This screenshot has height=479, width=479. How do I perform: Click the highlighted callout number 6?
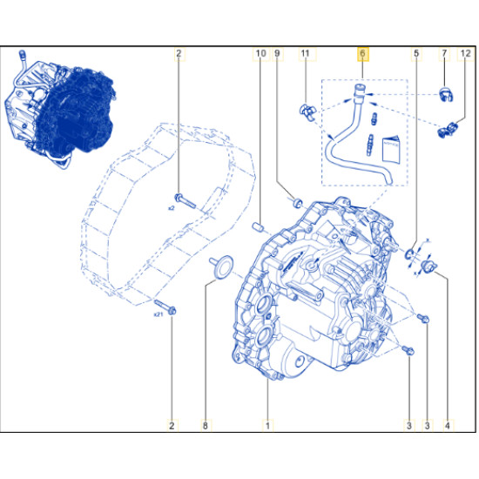point(362,54)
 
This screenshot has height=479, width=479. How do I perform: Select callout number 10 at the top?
point(260,54)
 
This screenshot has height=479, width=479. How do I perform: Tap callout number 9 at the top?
point(277,54)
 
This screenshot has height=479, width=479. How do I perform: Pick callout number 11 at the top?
point(305,54)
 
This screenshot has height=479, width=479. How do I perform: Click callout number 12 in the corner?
point(466,54)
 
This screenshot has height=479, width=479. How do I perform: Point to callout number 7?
point(444,54)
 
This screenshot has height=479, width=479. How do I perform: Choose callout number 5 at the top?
point(416,54)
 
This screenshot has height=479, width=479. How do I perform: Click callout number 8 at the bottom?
point(206,425)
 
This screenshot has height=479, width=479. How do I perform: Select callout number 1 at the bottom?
point(267,425)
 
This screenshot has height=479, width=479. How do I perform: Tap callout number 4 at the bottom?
point(448,425)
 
